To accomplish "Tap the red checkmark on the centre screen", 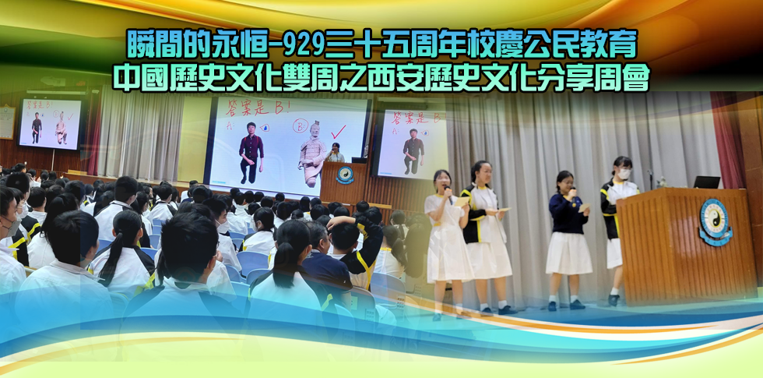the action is pyautogui.click(x=338, y=132).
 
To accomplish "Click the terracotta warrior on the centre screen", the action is pyautogui.click(x=312, y=153).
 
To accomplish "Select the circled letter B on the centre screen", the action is pyautogui.click(x=301, y=125).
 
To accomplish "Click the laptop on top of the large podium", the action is pyautogui.click(x=707, y=182).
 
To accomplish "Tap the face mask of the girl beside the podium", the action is pyautogui.click(x=624, y=173).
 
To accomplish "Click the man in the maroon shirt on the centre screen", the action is pyautogui.click(x=251, y=152).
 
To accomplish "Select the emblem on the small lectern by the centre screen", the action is pyautogui.click(x=345, y=175).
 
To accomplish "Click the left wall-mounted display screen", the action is pyautogui.click(x=50, y=124).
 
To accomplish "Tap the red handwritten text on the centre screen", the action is pyautogui.click(x=257, y=109).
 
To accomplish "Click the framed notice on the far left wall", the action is pyautogui.click(x=7, y=122).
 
